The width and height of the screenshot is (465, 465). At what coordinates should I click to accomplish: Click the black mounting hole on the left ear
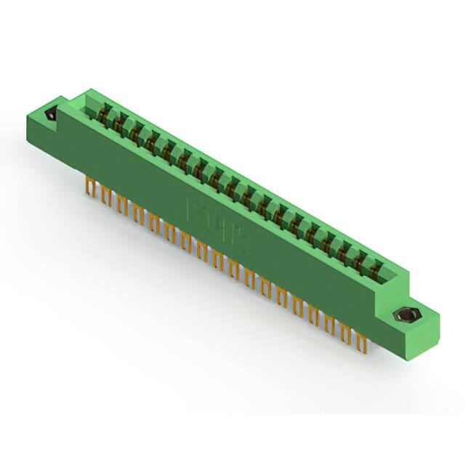point(50,115)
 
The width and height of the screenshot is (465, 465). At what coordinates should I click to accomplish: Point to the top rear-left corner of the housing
point(89,91)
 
